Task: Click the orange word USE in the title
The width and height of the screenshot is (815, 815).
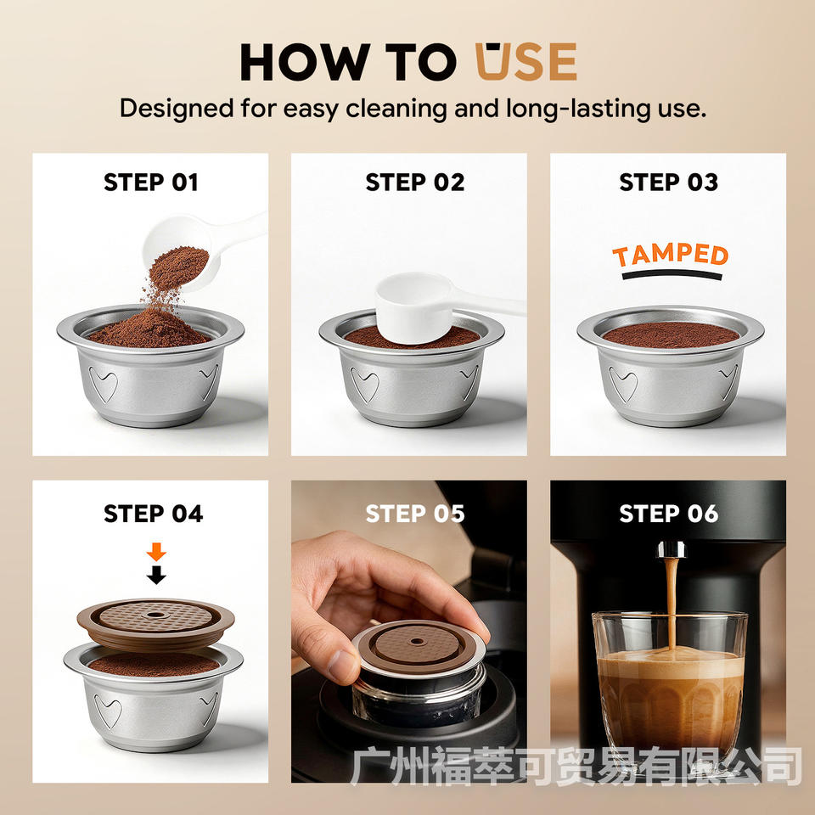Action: pos(526,61)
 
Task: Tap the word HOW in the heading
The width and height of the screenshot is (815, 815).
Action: pos(305,62)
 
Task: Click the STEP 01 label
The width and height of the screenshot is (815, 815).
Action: pos(151,183)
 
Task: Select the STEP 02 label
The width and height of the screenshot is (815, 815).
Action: pos(415,183)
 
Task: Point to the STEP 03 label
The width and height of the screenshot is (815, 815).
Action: pos(668,183)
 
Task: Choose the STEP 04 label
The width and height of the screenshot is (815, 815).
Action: pos(154,514)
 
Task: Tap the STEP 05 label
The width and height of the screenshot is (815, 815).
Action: pos(415,514)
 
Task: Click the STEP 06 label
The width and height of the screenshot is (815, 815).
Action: pos(668,514)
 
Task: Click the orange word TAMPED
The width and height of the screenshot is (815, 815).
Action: pos(671,256)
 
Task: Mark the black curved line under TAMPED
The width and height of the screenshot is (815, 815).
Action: pos(672,274)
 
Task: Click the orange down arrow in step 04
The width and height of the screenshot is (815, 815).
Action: pos(156,552)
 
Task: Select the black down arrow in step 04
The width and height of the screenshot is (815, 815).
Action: pos(156,575)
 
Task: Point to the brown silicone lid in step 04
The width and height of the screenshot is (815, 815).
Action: pos(155,624)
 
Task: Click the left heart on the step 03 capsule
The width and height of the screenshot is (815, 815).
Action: pos(622,384)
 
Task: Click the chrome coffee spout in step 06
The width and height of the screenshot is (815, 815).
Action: pos(672,549)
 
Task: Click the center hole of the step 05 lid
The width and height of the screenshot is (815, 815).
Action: pos(417,641)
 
